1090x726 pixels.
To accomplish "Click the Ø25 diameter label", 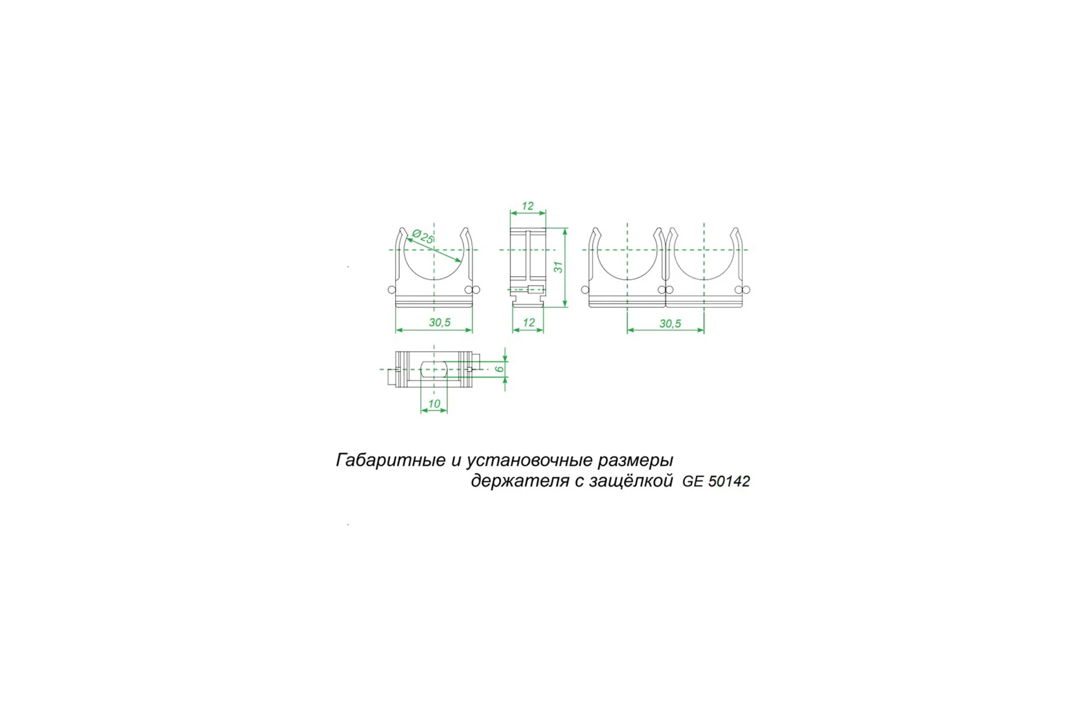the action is pos(422,236).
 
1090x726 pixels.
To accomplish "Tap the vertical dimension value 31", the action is pos(559,267).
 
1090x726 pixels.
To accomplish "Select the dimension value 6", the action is pos(499,369).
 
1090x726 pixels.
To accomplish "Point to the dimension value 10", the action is pos(434,404).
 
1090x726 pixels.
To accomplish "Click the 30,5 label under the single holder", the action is pos(440,322).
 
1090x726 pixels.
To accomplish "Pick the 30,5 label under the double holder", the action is pos(670,324).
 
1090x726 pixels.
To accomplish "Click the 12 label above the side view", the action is pos(527,206).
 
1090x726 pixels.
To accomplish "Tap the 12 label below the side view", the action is pos(529,323).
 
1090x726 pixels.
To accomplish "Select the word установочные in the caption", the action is pos(529,461).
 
